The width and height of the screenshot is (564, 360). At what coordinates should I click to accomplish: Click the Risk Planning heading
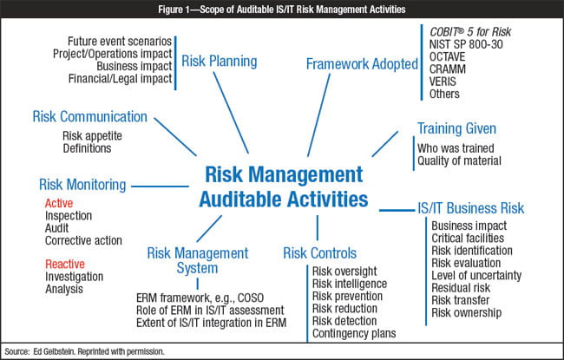[219, 62]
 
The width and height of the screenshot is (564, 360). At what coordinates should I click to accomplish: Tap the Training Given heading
[456, 128]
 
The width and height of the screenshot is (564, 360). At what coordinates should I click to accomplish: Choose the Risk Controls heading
[319, 253]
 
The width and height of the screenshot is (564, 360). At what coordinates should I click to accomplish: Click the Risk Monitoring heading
[83, 184]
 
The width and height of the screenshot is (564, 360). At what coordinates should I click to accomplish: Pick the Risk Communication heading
[90, 116]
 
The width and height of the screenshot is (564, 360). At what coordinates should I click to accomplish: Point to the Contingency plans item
[354, 332]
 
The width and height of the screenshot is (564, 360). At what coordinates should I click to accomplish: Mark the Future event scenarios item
[119, 42]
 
